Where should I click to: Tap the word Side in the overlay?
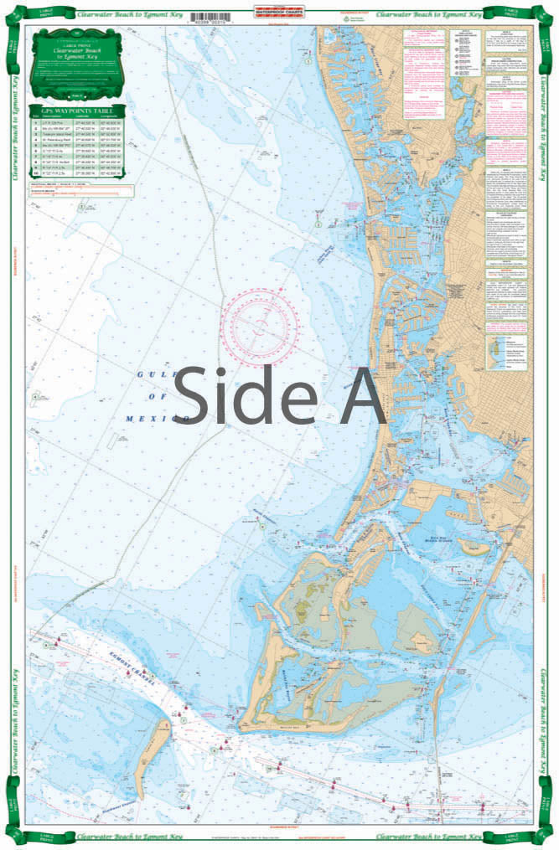point(243,395)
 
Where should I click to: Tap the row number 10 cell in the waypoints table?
point(36,174)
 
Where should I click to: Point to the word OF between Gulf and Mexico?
point(151,396)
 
